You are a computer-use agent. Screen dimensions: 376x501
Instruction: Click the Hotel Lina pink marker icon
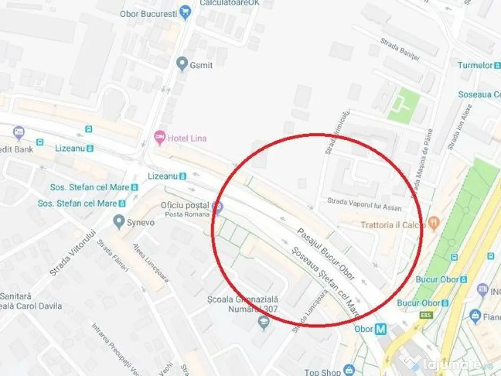pyautogui.click(x=159, y=138)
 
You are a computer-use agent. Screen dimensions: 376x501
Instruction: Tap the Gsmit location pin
pyautogui.click(x=182, y=64)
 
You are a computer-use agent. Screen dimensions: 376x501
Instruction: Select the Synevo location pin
pyautogui.click(x=118, y=222)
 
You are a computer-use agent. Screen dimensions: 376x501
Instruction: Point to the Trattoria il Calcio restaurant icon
pyautogui.click(x=433, y=224)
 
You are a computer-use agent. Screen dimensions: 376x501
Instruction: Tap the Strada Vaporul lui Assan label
pyautogui.click(x=364, y=204)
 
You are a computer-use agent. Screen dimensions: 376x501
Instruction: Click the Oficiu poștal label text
pyautogui.click(x=185, y=205)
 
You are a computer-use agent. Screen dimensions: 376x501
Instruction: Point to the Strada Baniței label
pyautogui.click(x=400, y=50)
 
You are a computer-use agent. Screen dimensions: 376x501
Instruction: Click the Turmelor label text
pyautogui.click(x=475, y=65)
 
